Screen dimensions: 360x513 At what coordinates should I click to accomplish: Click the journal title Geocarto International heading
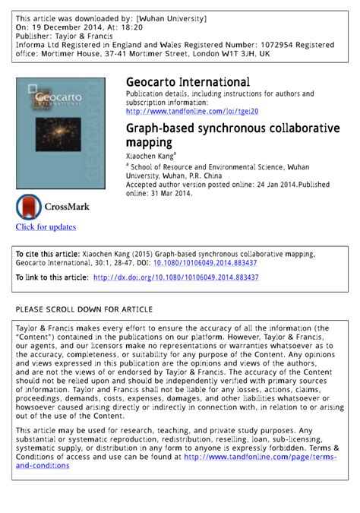point(188,82)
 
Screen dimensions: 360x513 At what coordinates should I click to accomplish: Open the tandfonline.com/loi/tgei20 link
point(192,111)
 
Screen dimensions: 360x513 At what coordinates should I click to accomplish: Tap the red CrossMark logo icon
point(29,207)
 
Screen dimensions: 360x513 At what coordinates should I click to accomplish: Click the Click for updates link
point(46,226)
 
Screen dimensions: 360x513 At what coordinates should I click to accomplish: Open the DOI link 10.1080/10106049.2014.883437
point(205,262)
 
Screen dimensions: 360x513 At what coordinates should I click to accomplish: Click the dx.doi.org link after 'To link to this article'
point(175,278)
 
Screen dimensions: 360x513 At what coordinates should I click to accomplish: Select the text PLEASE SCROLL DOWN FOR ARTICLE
point(84,309)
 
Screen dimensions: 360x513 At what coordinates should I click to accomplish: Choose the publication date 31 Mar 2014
point(168,193)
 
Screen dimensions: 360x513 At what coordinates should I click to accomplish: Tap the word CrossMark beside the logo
point(67,206)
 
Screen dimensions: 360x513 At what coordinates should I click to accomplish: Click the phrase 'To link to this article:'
point(52,278)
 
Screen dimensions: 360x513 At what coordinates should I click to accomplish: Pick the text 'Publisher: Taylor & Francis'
point(64,35)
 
